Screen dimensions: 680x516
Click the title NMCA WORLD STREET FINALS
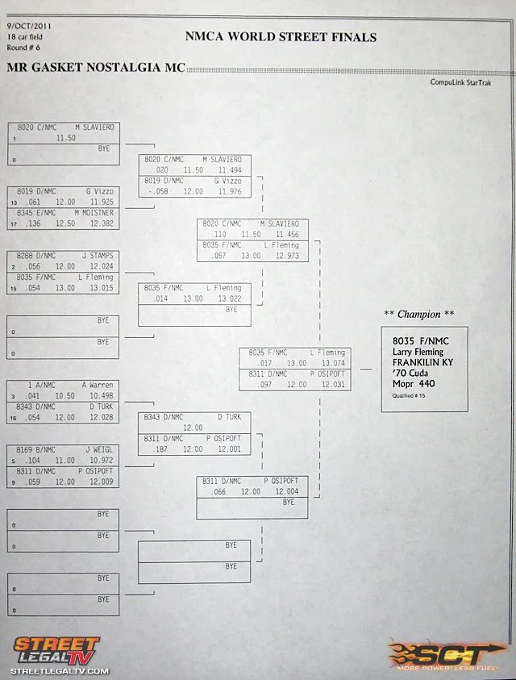tap(280, 36)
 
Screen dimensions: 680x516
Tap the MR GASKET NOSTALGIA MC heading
tap(96, 67)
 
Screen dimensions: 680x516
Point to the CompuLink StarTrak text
tap(460, 82)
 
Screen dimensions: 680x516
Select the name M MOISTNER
tap(95, 213)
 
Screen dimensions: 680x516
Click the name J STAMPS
tap(98, 256)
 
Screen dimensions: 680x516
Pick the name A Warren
tap(98, 385)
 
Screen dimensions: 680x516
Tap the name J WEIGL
tap(99, 449)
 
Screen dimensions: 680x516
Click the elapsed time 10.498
tap(102, 396)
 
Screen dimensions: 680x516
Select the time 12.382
tap(102, 223)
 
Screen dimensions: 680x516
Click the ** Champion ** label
tap(419, 314)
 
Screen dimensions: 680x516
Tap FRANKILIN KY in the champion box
tap(422, 362)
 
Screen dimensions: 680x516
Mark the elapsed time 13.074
tap(333, 363)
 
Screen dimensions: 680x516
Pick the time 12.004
tap(286, 491)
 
